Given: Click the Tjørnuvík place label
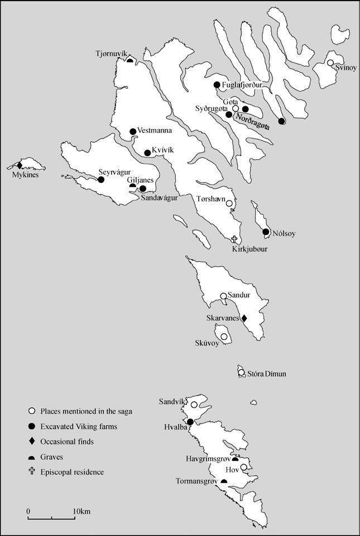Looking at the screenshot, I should point(111,54).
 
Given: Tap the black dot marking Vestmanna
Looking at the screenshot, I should point(133,132).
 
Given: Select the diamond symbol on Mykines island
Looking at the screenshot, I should point(20,165).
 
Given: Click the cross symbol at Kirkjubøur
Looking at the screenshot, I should point(234,239).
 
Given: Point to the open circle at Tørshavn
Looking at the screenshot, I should point(229,204).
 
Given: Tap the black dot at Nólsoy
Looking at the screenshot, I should point(266,232).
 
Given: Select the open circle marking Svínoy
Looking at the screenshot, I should point(330,63).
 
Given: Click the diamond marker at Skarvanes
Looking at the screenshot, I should point(243,318).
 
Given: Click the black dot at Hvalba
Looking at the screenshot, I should point(190,422).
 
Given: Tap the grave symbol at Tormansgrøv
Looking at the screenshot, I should point(224,481).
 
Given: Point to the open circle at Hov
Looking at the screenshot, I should point(244,467).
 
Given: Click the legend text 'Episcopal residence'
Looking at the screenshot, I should point(72,472).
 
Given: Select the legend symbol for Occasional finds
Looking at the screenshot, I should point(32,442).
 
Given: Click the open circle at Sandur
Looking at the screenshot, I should point(223,296).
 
